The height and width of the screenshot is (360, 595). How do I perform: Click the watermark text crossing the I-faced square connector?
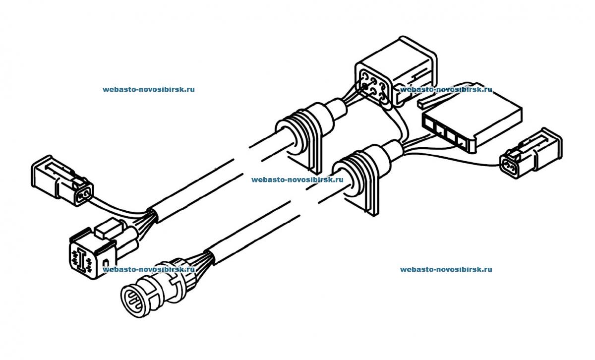click(149, 269)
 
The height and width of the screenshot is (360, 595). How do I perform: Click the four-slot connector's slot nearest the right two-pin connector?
click(462, 140)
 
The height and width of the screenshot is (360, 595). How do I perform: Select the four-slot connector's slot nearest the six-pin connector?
click(429, 122)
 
